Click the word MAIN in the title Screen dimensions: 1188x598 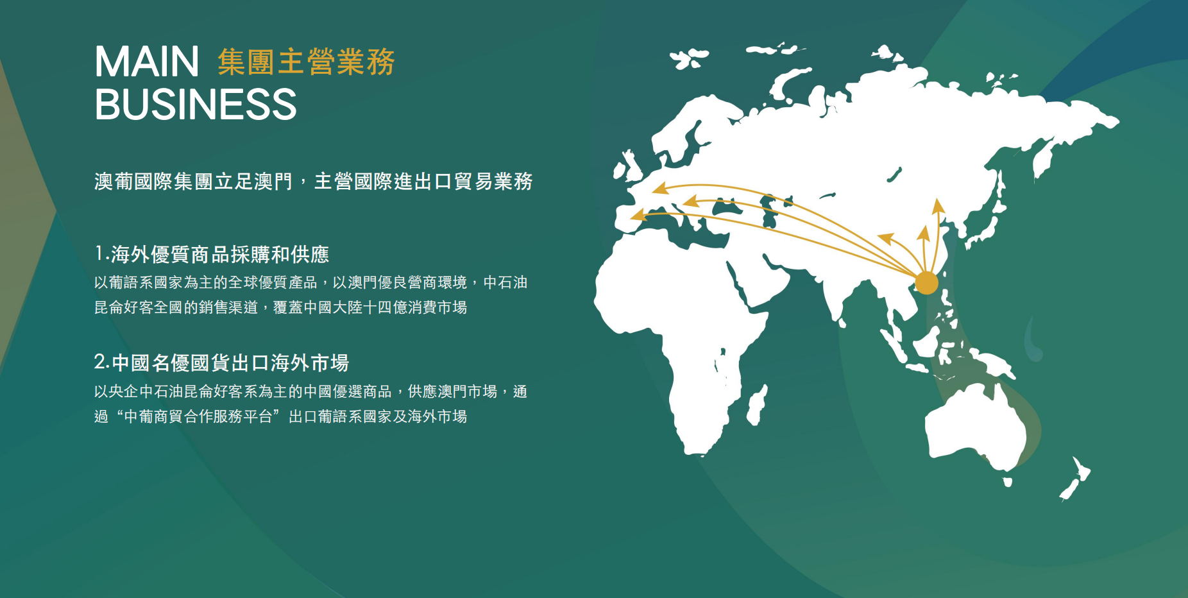coord(147,62)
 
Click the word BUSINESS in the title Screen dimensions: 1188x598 coord(196,104)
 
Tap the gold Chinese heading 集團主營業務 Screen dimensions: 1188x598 coord(306,62)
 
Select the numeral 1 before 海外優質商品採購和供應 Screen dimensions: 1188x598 coord(99,253)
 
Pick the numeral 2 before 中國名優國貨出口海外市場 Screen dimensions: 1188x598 coord(101,362)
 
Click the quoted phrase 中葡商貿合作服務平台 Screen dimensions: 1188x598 coord(198,416)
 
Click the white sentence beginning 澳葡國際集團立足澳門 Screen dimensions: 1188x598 coord(314,182)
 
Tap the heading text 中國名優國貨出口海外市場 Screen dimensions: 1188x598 coord(230,363)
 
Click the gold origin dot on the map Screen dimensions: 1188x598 coord(926,282)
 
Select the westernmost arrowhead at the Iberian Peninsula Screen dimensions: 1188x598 coord(638,215)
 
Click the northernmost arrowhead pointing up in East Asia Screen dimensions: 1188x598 coord(938,205)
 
